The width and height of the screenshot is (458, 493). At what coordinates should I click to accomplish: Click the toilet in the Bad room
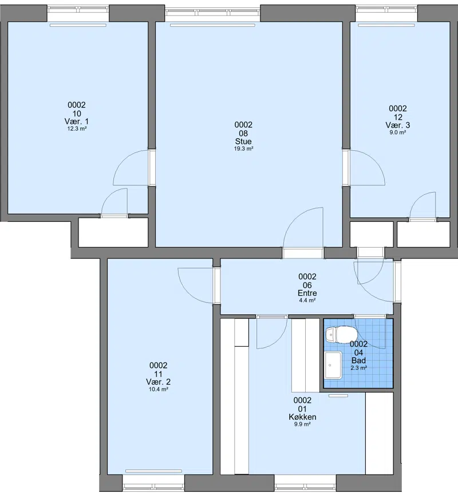click(341, 335)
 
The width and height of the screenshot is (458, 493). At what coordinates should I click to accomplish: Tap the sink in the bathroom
click(333, 365)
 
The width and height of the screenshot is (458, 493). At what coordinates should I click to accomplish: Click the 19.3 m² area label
click(243, 148)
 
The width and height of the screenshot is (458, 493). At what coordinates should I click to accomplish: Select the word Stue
click(243, 142)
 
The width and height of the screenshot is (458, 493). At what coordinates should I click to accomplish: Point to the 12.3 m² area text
click(77, 128)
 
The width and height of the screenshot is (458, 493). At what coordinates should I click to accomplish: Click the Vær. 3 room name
click(398, 125)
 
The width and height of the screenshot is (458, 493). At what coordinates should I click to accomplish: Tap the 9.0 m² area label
click(398, 132)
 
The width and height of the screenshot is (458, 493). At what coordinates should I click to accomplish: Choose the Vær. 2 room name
click(158, 382)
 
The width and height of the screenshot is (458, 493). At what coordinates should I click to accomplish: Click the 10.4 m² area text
click(158, 389)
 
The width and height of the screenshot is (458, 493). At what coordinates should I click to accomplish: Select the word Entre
click(307, 293)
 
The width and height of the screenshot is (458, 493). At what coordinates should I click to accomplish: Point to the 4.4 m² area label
click(307, 300)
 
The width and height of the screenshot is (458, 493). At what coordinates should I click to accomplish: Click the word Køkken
click(302, 417)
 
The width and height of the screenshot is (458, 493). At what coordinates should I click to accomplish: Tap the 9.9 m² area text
click(302, 424)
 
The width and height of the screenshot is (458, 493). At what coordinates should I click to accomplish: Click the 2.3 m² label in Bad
click(359, 368)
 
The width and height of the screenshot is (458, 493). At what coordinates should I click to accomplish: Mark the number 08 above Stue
click(243, 134)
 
